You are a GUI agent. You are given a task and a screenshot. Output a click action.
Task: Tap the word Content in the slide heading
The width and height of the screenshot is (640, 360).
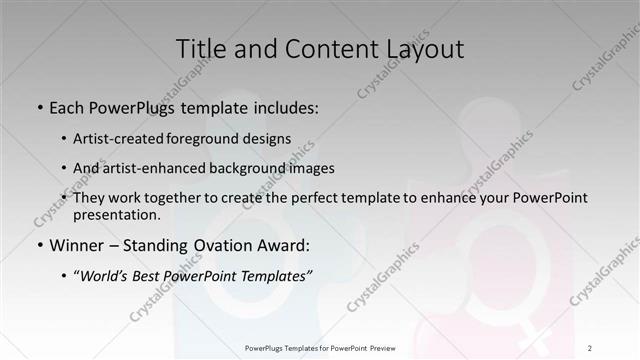319,49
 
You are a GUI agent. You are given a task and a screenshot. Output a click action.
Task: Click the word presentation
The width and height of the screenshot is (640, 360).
116,214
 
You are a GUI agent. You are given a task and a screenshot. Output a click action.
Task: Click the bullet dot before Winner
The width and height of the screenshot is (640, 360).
40,246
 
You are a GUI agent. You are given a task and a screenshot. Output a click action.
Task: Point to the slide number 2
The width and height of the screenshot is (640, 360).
591,348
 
